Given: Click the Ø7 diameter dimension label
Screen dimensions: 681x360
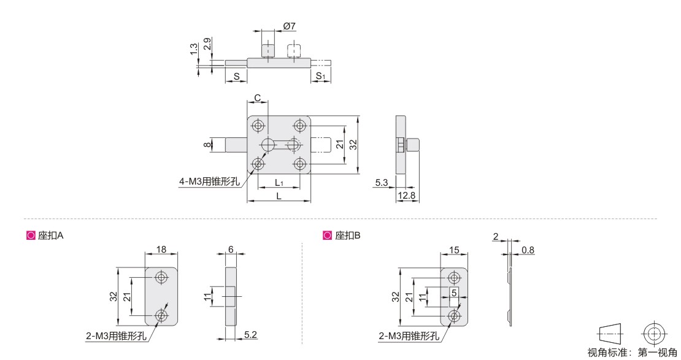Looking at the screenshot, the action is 289,26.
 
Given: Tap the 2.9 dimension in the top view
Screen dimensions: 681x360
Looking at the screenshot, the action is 207,44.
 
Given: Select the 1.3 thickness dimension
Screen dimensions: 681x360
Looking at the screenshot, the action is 194,48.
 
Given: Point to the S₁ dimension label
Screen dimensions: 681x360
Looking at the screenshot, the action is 320,76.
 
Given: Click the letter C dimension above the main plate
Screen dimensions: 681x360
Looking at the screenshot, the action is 258,98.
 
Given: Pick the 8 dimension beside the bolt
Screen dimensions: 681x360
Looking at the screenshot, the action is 207,144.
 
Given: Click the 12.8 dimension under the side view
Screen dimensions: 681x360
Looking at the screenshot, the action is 407,196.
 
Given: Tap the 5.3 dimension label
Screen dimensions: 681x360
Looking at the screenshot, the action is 382,182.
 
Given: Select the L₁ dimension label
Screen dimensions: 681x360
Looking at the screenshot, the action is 279,183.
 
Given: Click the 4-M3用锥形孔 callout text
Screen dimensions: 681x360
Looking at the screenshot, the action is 209,181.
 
